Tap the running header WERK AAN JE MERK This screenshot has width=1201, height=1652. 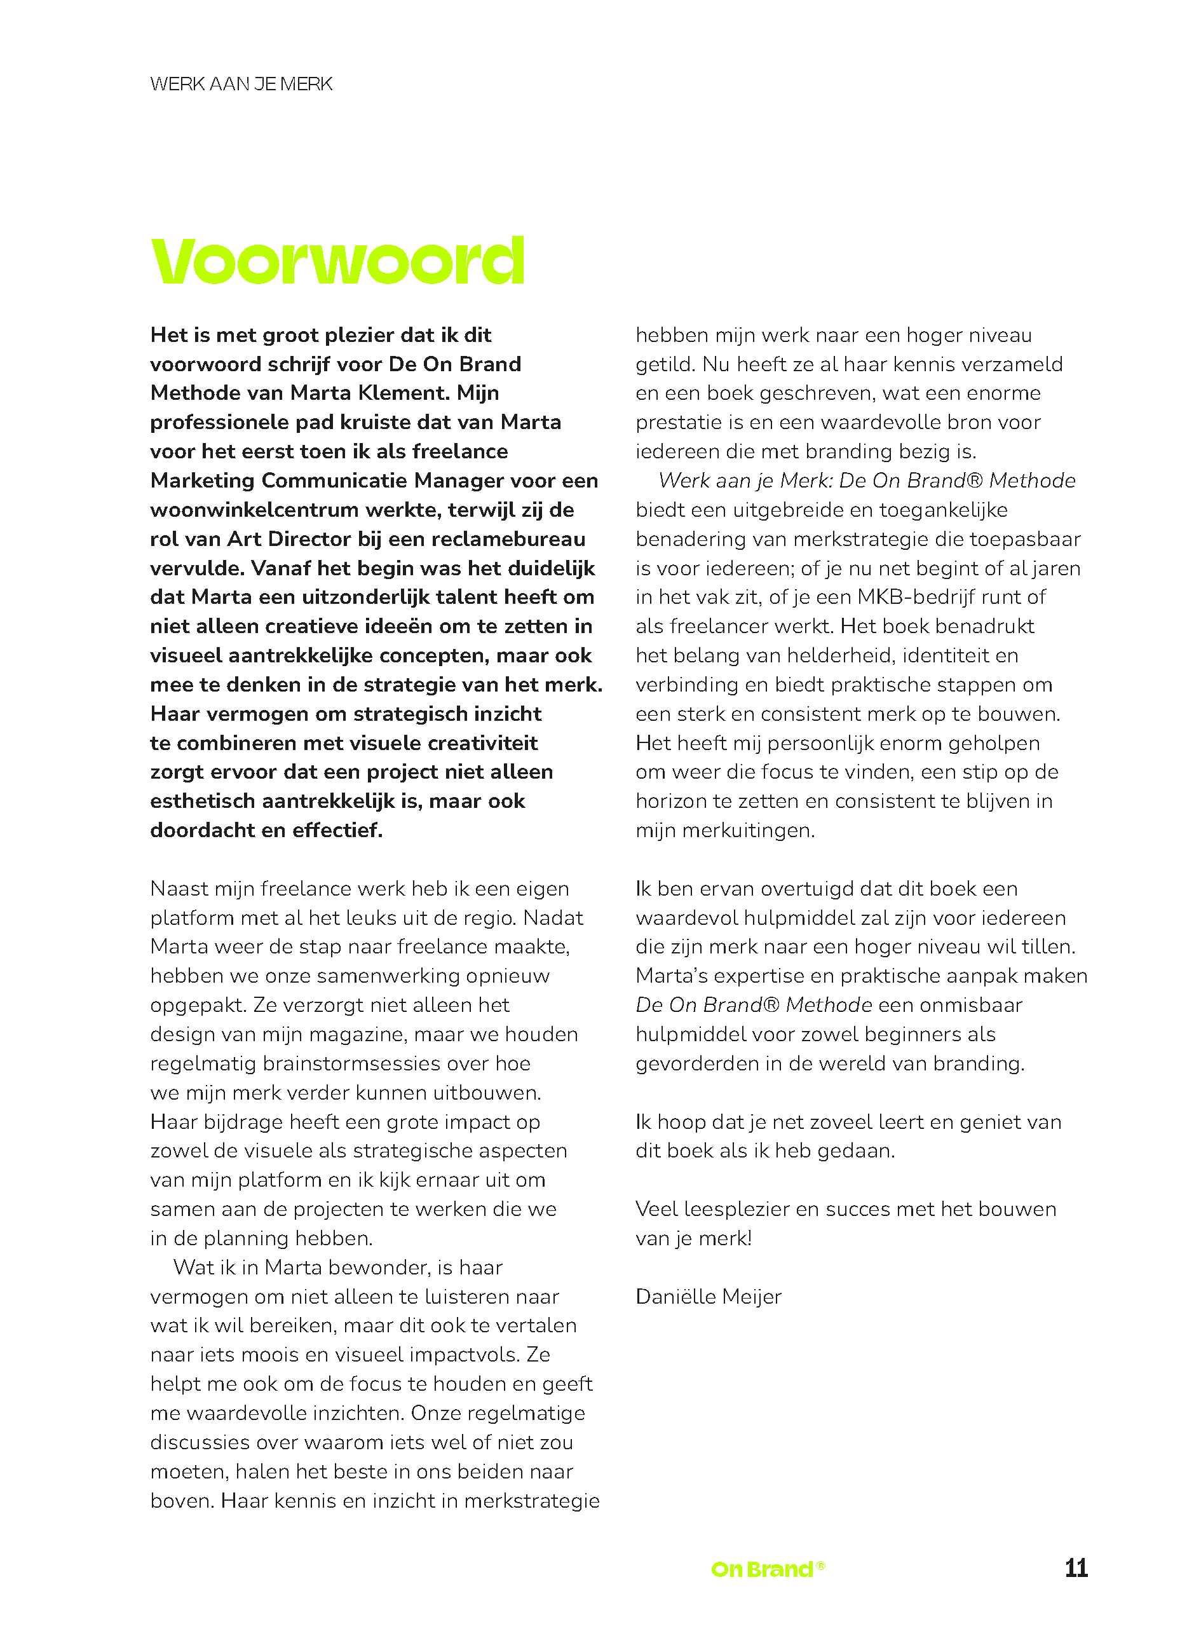pyautogui.click(x=241, y=85)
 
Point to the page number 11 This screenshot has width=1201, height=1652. pyautogui.click(x=1076, y=1567)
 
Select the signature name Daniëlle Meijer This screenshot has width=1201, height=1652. pyautogui.click(x=708, y=1297)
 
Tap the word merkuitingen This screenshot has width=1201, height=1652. pyautogui.click(x=748, y=830)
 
